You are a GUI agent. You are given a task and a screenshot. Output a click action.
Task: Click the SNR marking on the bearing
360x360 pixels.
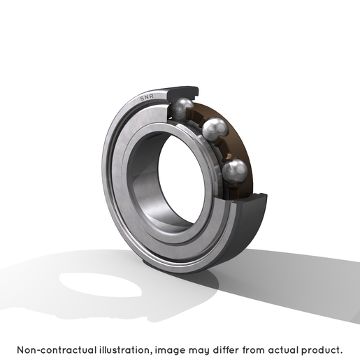pos(147,97)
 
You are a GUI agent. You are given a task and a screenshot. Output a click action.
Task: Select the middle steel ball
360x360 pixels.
pos(215,129)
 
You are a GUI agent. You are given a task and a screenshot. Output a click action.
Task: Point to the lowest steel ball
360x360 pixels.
pos(234,171)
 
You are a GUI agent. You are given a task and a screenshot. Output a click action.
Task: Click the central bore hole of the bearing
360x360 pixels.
pos(180,180)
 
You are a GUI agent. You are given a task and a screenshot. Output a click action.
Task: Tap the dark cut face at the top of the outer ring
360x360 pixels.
pos(183,92)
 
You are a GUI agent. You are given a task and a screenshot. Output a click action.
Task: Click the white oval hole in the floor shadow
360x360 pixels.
pos(100,285)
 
